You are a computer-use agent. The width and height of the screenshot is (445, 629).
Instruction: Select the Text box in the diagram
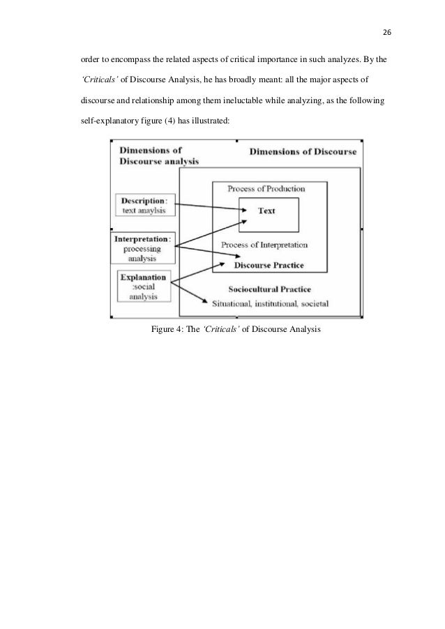[x=269, y=211]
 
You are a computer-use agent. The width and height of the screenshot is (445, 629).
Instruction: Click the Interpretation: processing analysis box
[x=142, y=248]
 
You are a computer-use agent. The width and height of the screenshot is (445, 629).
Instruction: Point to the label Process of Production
[x=267, y=189]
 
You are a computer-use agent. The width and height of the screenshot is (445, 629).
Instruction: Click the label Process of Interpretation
[x=264, y=245]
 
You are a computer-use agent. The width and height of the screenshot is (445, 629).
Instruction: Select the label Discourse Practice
[x=269, y=265]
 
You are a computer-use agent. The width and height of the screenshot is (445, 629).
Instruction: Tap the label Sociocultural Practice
[x=269, y=289]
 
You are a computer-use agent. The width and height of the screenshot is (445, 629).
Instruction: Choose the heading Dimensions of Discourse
[x=303, y=151]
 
